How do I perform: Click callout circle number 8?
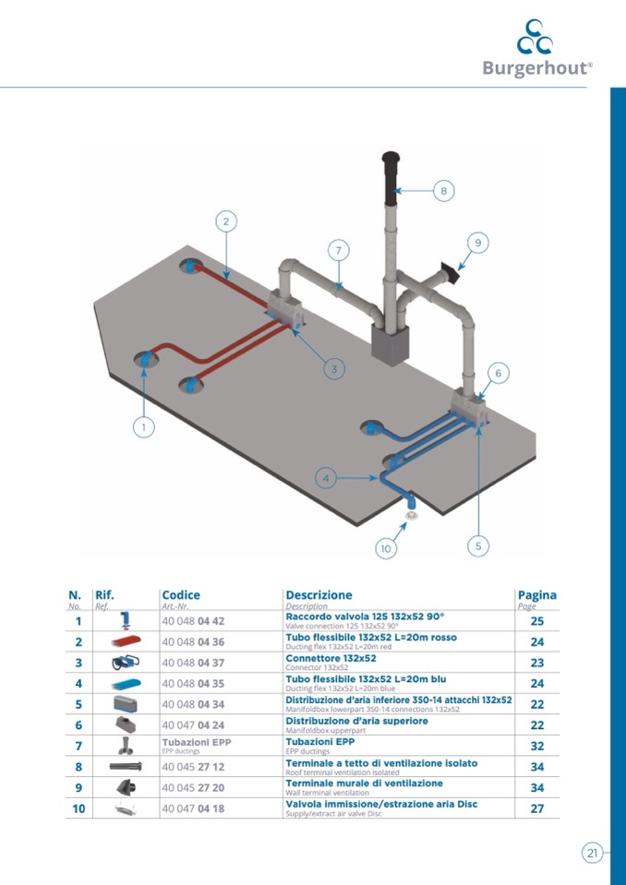tap(443, 191)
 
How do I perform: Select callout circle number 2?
tap(226, 221)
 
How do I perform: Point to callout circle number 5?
tap(477, 545)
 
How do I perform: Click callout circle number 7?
tap(339, 250)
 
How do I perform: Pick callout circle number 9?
tap(477, 243)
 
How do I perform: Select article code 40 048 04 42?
tap(193, 622)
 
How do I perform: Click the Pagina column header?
tap(536, 595)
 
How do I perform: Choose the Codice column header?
tap(181, 595)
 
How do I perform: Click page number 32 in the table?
tap(536, 747)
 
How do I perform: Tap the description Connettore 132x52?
tap(331, 659)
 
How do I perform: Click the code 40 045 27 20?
tap(193, 788)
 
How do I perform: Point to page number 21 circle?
tap(592, 853)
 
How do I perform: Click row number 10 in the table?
tap(78, 809)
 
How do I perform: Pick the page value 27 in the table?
tap(536, 809)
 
